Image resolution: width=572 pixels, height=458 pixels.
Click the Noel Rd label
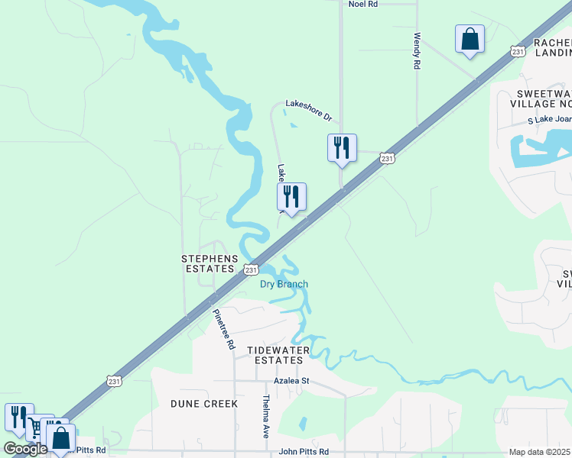363,4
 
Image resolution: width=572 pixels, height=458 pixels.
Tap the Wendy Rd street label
417,51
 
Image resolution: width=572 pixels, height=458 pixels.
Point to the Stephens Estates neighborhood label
209,263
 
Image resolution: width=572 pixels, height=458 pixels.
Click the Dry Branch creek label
284,285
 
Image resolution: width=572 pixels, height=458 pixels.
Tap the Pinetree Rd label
223,329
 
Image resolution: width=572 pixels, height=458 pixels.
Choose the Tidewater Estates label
278,355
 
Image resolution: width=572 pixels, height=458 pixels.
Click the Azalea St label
291,380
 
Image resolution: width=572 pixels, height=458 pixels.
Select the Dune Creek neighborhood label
204,403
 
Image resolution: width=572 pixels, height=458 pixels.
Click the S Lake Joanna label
550,121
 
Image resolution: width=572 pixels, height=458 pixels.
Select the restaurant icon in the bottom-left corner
18,416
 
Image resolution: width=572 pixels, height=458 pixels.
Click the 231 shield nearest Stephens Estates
251,269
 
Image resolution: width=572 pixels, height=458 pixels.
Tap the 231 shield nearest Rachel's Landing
518,51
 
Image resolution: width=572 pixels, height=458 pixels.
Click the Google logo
24,448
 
